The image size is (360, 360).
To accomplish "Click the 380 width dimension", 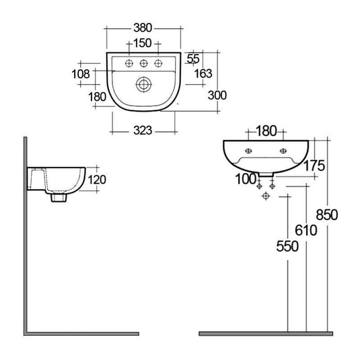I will click(143, 28).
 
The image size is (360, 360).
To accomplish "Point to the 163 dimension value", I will click(203, 73).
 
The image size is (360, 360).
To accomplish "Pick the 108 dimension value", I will click(81, 73).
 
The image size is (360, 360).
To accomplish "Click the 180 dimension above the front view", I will click(266, 130).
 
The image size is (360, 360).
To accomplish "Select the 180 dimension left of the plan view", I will click(98, 96).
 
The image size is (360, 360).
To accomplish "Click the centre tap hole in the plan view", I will click(143, 64).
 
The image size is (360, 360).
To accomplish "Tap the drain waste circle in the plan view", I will click(143, 85).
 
